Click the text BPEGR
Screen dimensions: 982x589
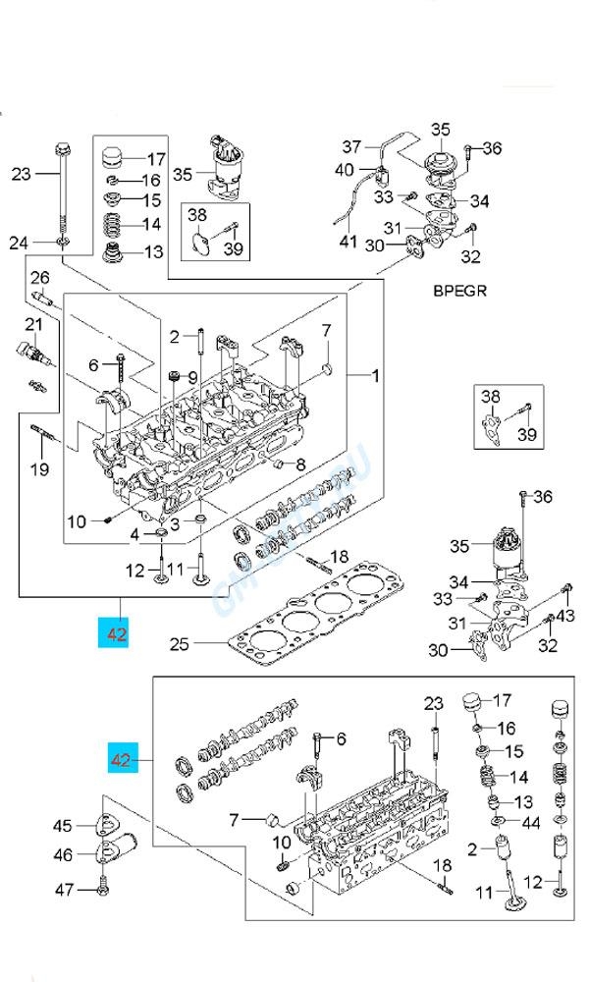click(459, 292)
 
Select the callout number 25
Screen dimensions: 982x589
click(179, 645)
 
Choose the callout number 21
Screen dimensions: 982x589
click(32, 325)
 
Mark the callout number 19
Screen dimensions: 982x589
click(38, 469)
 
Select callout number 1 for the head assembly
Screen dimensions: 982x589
click(374, 375)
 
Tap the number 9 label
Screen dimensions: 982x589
click(192, 377)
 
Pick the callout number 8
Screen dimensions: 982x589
click(300, 464)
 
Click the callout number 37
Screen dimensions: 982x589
click(352, 147)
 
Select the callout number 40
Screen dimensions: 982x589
click(344, 170)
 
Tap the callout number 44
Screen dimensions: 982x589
click(528, 822)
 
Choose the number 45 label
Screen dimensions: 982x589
click(63, 825)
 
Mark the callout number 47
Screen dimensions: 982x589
click(63, 890)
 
